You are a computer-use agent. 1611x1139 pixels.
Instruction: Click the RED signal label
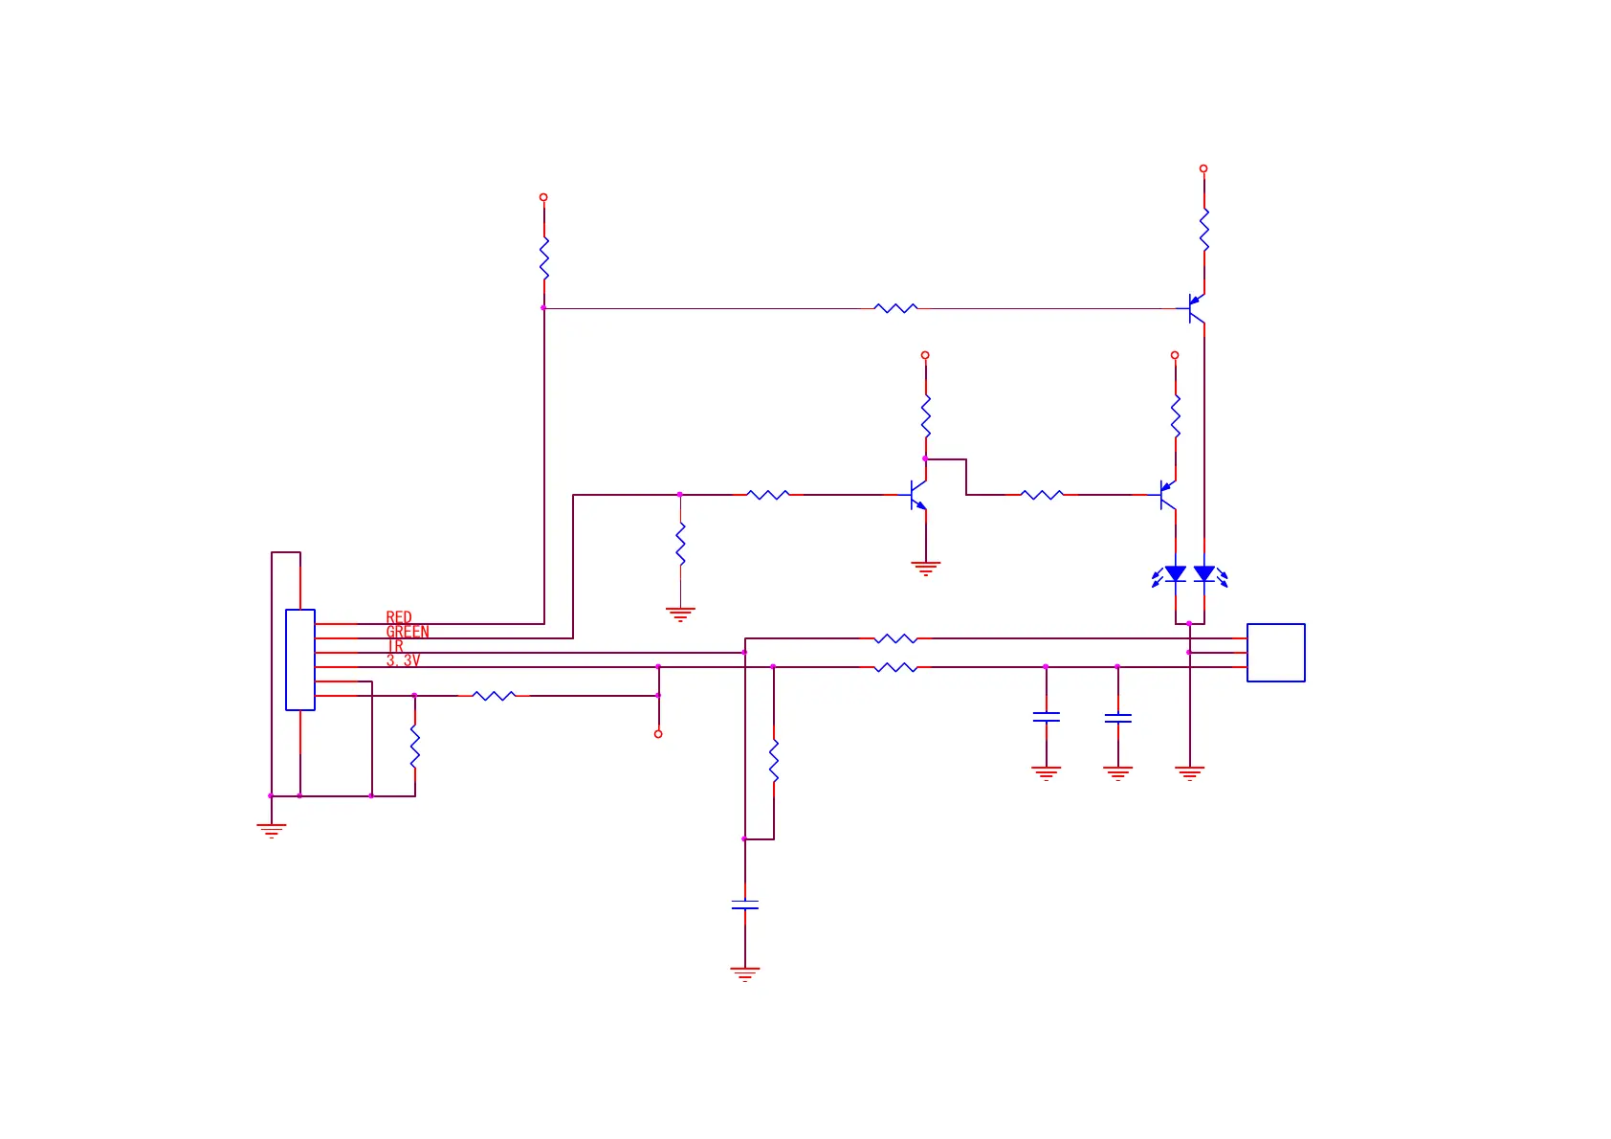(x=399, y=617)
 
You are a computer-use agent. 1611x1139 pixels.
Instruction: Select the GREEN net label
(x=408, y=632)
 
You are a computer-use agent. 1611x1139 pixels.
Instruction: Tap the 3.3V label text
(x=403, y=660)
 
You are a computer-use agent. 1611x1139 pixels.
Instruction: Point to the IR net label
(x=394, y=646)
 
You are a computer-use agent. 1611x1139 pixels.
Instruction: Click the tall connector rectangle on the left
(x=300, y=659)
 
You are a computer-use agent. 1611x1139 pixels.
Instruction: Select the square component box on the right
(x=1275, y=653)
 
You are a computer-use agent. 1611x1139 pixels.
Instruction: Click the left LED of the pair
(x=1175, y=574)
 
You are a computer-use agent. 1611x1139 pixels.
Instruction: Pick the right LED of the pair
(x=1204, y=574)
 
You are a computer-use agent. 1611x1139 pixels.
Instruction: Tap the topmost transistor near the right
(x=1195, y=308)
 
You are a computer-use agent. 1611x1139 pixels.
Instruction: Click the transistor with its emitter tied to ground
(x=917, y=495)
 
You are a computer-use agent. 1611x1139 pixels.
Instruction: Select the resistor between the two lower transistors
(x=1042, y=495)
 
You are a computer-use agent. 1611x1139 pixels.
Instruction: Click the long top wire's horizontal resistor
(x=895, y=308)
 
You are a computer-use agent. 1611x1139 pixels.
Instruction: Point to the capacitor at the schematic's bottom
(x=744, y=904)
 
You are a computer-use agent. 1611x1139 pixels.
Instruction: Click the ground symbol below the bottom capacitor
(x=744, y=973)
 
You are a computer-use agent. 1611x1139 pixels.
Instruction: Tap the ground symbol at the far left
(x=272, y=830)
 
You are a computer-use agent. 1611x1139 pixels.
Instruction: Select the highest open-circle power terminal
(x=1203, y=168)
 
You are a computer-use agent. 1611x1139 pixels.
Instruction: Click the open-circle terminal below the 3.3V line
(x=658, y=734)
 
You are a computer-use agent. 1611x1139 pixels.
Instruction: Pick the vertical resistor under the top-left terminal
(x=543, y=257)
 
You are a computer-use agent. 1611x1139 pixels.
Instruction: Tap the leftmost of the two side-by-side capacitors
(x=1046, y=716)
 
